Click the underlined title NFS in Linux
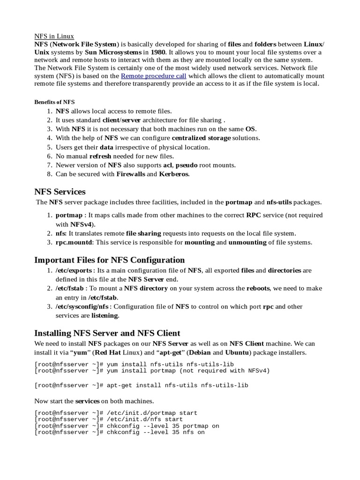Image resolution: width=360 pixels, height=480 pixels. [54, 36]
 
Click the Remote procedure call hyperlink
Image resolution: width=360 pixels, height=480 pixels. [153, 75]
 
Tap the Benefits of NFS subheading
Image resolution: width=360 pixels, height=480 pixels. [54, 102]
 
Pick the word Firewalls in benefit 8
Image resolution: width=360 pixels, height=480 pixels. [127, 174]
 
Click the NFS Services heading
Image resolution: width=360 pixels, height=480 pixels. [60, 192]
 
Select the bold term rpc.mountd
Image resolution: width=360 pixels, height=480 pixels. [74, 242]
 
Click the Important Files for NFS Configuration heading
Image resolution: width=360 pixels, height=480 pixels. [110, 260]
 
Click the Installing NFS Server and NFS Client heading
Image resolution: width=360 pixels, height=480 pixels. [107, 333]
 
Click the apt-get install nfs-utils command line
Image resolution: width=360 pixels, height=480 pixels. [141, 385]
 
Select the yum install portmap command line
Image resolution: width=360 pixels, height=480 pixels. [152, 371]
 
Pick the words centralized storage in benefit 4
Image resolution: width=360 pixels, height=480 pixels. [201, 138]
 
